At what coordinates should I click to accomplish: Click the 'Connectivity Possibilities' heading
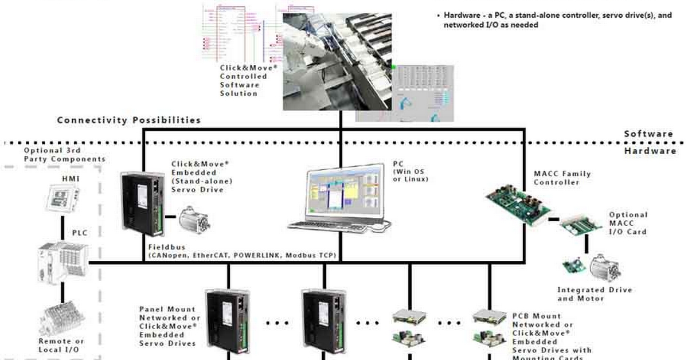pyautogui.click(x=129, y=120)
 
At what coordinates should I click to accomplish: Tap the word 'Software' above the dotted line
pyautogui.click(x=648, y=134)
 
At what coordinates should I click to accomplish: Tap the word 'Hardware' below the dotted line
pyautogui.click(x=650, y=151)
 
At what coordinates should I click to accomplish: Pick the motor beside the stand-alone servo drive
pyautogui.click(x=193, y=218)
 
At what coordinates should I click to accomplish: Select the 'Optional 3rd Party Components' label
pyautogui.click(x=64, y=154)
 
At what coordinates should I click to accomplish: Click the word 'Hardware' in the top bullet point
pyautogui.click(x=462, y=15)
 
